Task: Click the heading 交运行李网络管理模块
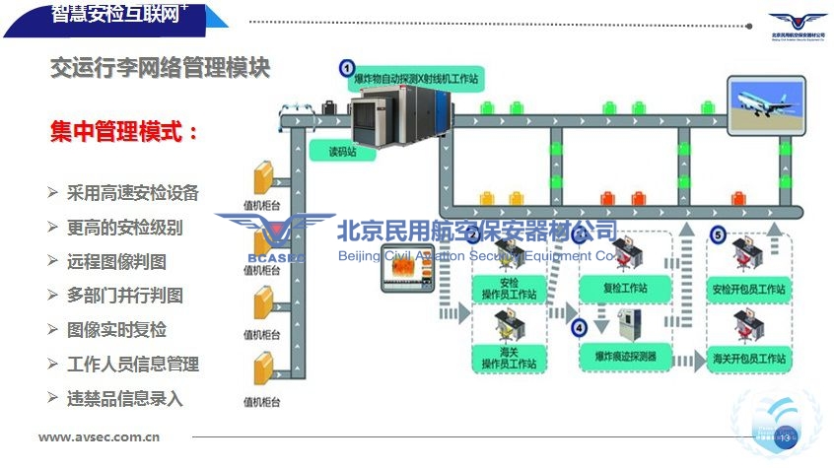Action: (160, 68)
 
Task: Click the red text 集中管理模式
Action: (124, 131)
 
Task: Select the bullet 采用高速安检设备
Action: (132, 193)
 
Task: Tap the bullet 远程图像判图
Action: (116, 261)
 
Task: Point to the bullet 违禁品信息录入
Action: (124, 398)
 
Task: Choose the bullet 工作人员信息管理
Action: (132, 364)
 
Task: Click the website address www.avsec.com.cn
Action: (100, 437)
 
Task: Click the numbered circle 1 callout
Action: (347, 68)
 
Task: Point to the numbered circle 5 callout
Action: (718, 234)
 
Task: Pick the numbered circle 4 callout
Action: (579, 327)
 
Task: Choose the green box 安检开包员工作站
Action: (748, 290)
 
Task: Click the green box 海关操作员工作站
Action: (508, 358)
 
